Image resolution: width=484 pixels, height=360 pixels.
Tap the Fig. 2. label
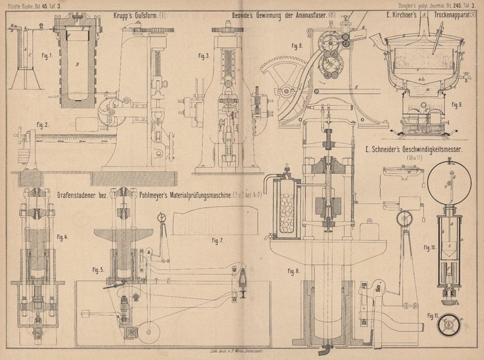click(x=42, y=125)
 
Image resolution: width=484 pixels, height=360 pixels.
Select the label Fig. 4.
click(x=62, y=237)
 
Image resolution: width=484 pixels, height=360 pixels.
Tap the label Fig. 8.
click(x=296, y=45)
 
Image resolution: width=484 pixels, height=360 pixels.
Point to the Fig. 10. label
click(x=430, y=247)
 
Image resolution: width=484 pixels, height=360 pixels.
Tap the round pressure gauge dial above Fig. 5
click(x=163, y=217)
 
